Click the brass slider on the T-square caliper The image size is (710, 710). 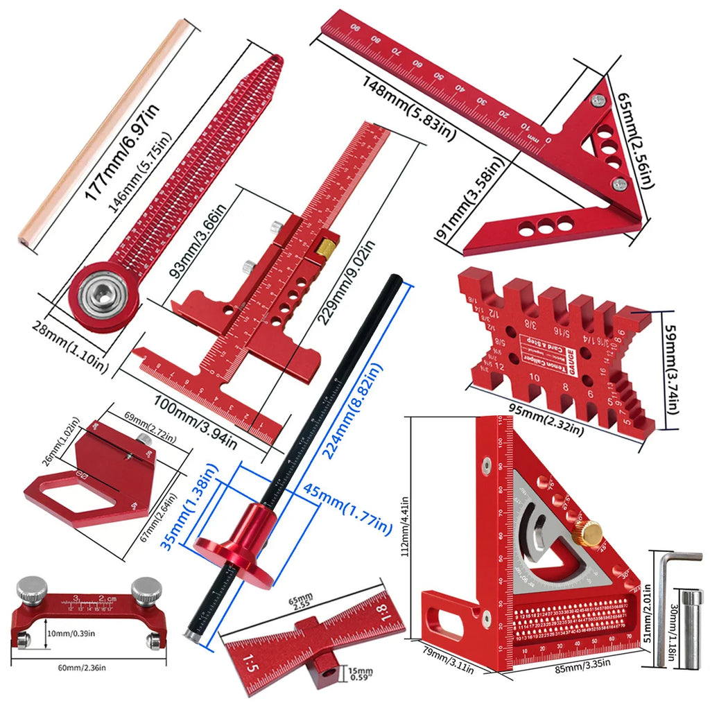[327, 245]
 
